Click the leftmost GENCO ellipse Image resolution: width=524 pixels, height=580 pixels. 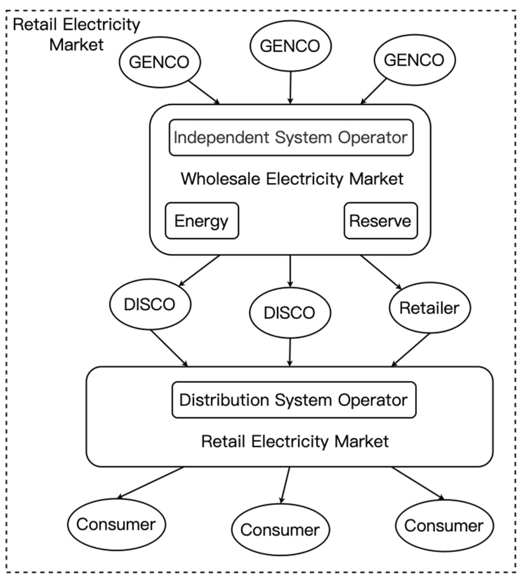tap(160, 62)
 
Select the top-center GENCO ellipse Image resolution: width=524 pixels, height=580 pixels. tap(290, 46)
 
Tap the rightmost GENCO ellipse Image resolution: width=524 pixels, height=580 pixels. tap(414, 60)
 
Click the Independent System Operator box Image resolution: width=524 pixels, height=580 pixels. tap(291, 138)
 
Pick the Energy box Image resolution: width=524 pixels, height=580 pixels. tap(202, 221)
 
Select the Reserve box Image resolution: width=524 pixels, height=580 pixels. tap(380, 221)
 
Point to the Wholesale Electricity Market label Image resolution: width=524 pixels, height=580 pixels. tap(292, 179)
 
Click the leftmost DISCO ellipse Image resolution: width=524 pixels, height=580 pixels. tap(150, 304)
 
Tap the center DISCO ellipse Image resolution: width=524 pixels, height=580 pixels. tap(290, 312)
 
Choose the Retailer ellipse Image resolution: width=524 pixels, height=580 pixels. tap(430, 308)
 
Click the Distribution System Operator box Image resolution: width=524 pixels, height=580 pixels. tap(294, 400)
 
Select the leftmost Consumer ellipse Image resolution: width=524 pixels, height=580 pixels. tap(117, 524)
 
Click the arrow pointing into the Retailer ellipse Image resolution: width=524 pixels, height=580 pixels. tap(381, 272)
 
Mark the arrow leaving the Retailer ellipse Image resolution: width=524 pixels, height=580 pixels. tap(411, 350)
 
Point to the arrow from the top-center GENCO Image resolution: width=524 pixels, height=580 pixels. tap(290, 88)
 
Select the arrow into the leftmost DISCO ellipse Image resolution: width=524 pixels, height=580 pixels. tap(199, 270)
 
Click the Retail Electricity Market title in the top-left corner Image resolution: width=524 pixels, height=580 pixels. tap(76, 34)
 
